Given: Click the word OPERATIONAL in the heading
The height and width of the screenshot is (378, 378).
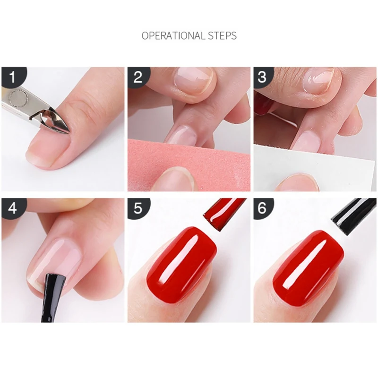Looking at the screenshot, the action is [x=172, y=36].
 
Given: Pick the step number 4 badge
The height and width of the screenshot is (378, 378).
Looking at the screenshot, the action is [x=13, y=207].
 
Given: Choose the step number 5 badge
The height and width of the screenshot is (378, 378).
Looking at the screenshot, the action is [x=138, y=207].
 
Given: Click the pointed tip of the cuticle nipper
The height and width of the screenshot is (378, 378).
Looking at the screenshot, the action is [x=69, y=132].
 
